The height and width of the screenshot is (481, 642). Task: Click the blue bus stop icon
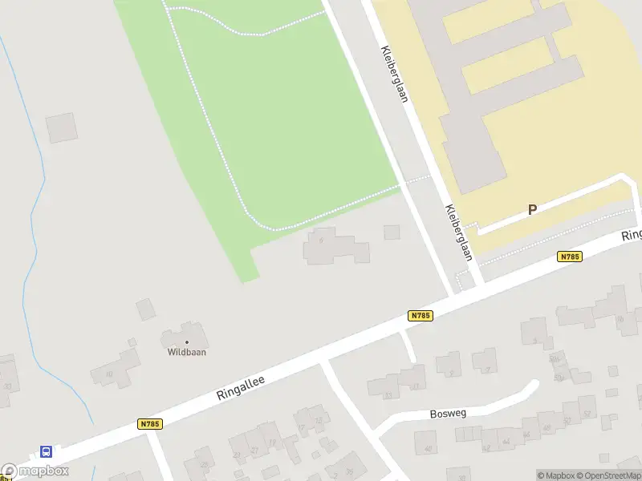point(47,451)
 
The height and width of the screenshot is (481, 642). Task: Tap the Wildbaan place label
point(186,351)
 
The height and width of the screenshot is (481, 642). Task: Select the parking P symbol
point(532,210)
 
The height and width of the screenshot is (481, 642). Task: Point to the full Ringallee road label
point(240,385)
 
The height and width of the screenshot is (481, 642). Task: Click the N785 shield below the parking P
point(569,257)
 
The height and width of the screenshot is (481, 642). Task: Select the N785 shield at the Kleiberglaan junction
point(421,316)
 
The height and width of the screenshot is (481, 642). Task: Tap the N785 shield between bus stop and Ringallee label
point(150,424)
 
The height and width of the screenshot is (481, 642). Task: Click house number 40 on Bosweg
point(427,448)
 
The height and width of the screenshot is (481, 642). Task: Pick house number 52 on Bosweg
point(587,414)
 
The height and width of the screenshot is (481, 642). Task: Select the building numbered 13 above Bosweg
point(388,394)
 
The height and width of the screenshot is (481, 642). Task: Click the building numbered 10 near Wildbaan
point(108,373)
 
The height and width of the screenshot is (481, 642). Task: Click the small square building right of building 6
point(392,232)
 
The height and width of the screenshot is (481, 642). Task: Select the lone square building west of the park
point(62,128)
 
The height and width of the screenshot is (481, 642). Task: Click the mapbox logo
point(35,471)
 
